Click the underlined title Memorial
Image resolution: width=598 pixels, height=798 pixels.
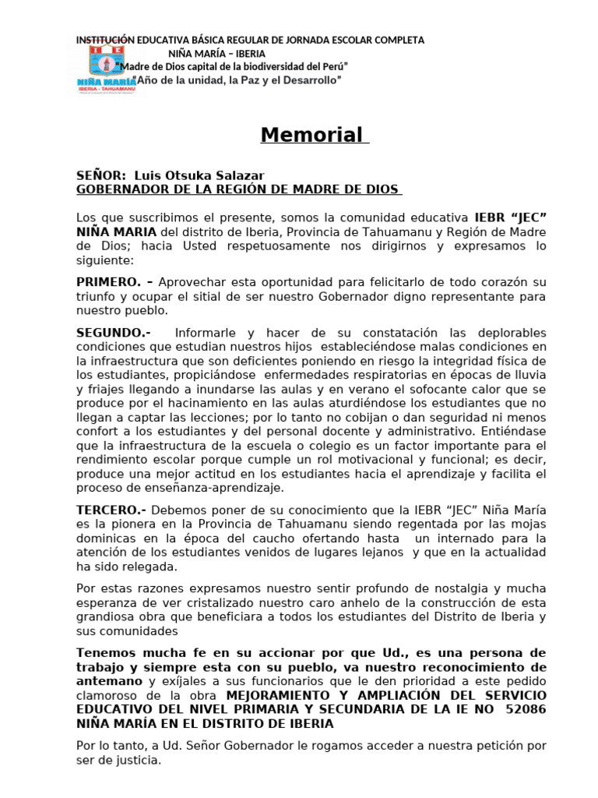click(311, 135)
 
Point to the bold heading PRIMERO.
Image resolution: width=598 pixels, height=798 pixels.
click(108, 281)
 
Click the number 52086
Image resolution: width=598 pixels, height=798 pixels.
click(526, 709)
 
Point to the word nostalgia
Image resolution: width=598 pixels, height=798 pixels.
click(447, 588)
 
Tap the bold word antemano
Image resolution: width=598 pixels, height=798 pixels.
click(109, 680)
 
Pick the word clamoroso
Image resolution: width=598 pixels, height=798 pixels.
click(107, 695)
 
